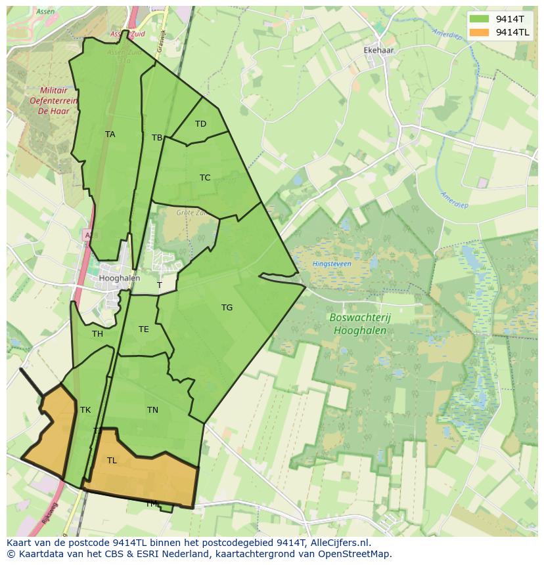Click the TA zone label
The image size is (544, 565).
(x=110, y=135)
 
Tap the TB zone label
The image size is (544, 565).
(x=157, y=138)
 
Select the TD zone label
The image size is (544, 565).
(x=200, y=124)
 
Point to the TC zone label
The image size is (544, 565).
(x=205, y=178)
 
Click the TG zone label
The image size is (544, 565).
(x=227, y=308)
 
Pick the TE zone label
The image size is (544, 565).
(x=143, y=329)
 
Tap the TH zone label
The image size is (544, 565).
(x=97, y=334)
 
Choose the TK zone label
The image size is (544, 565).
(x=85, y=410)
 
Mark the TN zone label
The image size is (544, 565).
(x=152, y=410)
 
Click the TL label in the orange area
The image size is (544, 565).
(x=112, y=461)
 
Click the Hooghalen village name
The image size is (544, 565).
(x=119, y=278)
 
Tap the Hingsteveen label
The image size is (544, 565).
(x=332, y=264)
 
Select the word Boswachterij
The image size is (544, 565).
(x=359, y=318)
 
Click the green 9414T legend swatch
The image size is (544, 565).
(x=480, y=18)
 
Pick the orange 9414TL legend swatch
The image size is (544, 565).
(x=480, y=31)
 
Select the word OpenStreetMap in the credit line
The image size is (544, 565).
(x=357, y=554)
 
